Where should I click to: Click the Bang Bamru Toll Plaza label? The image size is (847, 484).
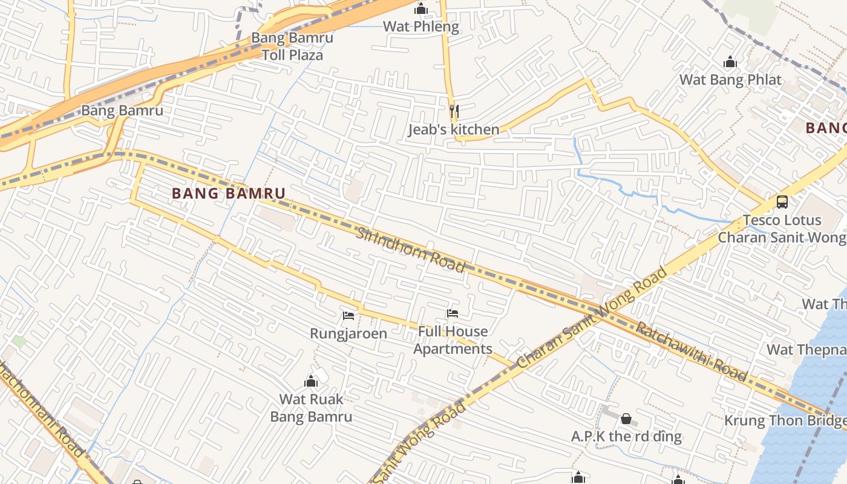292,47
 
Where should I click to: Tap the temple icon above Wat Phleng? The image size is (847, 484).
421,8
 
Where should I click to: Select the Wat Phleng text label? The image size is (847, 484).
421,27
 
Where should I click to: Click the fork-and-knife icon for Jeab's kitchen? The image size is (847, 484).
454,111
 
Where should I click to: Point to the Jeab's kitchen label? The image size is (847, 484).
454,129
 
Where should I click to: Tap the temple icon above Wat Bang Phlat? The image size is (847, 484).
730,62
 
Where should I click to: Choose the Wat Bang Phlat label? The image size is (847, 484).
730,80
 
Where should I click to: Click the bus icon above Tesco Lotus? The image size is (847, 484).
782,201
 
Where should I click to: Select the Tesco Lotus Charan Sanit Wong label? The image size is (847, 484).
782,229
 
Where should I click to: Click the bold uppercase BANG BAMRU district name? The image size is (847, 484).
228,194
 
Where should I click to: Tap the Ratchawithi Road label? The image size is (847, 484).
692,350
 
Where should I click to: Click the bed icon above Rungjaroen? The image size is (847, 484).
348,315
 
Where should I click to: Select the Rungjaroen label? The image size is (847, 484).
348,333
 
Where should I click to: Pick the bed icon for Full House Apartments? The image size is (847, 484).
452,313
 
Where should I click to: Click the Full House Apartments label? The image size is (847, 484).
453,340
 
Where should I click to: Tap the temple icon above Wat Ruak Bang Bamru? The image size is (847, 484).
311,381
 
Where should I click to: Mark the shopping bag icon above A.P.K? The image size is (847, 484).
626,418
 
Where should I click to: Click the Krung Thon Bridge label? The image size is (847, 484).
785,420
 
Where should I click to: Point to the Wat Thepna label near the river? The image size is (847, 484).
806,350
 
